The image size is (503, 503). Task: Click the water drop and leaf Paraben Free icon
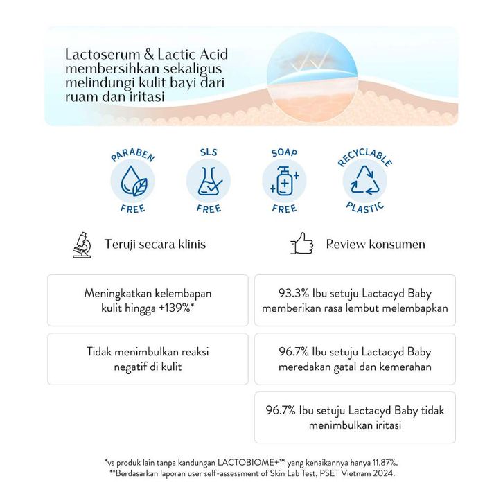coord(132,182)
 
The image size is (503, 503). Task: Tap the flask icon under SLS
coord(208,182)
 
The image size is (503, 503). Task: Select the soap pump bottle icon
coord(283,182)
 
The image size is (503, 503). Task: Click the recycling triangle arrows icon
coord(364,182)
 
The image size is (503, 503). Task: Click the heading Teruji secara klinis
coord(155,245)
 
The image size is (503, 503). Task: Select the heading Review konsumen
coord(376,245)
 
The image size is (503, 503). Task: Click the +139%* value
coord(177,307)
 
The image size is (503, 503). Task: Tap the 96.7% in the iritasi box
coord(279,410)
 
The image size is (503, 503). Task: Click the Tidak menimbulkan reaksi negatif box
coord(148,359)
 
